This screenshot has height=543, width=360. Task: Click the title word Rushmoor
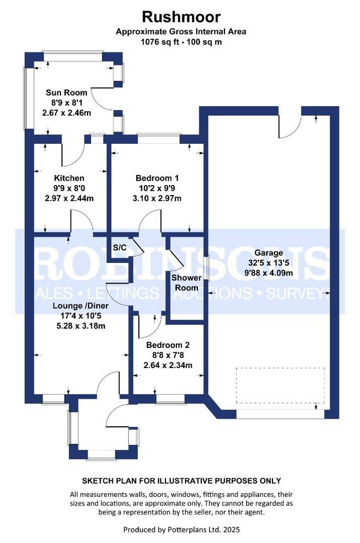(x=181, y=16)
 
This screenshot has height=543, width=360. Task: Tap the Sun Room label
(x=66, y=92)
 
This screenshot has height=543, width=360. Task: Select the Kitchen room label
(x=69, y=178)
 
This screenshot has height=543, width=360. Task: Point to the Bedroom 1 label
(x=157, y=178)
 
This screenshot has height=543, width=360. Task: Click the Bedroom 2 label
(x=168, y=345)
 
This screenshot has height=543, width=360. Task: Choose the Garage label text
(x=268, y=253)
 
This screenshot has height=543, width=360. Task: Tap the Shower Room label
(x=187, y=283)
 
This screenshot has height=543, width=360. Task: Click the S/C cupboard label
(x=120, y=248)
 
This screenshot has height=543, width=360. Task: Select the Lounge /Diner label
(x=81, y=306)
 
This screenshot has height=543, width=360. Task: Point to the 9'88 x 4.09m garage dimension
(x=269, y=273)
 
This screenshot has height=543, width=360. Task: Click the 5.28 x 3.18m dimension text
(x=81, y=326)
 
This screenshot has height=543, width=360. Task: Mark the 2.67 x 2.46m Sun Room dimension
(x=66, y=112)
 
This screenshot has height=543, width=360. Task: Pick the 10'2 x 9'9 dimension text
(x=157, y=188)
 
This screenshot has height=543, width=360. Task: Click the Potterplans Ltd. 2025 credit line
(x=182, y=530)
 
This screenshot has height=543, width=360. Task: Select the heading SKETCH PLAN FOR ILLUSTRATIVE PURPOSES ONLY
(x=181, y=480)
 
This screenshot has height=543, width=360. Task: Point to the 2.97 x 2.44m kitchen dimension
(x=69, y=198)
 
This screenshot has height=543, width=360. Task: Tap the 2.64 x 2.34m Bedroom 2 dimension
(x=168, y=365)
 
